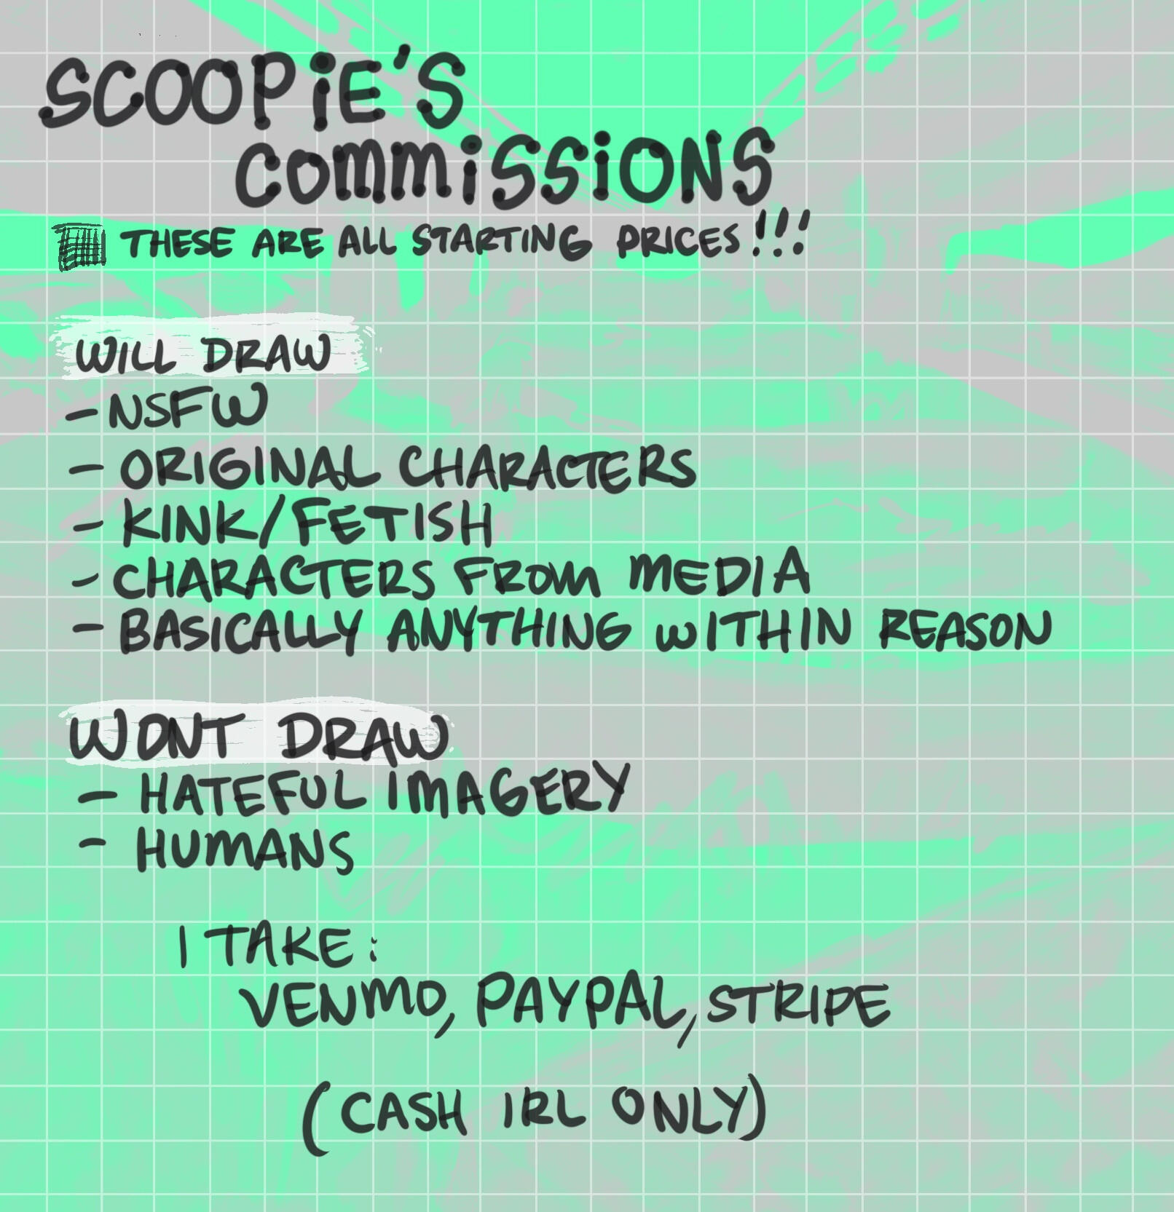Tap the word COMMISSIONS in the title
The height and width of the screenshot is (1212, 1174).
(504, 169)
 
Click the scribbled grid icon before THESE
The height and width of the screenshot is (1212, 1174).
(82, 246)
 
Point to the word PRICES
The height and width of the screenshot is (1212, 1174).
(678, 240)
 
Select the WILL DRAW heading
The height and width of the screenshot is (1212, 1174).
(202, 355)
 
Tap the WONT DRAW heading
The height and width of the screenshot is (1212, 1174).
(258, 736)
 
